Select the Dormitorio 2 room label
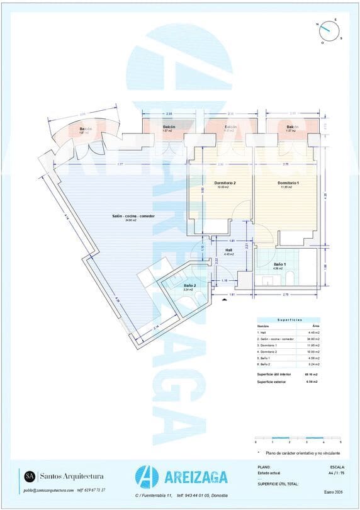tap(225, 183)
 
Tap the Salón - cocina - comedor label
tap(133, 216)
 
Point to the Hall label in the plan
tap(229, 251)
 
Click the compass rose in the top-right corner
tap(328, 29)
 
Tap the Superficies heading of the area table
tap(290, 320)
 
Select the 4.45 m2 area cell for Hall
tap(312, 332)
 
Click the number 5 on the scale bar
tap(340, 443)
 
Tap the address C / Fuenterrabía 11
tap(154, 496)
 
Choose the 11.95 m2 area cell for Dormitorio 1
tap(312, 345)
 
